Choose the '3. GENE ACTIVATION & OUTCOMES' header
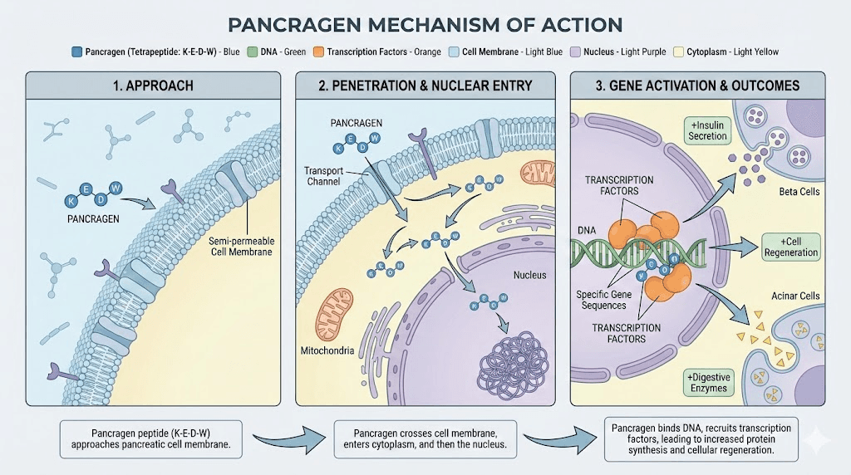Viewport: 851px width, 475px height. (x=696, y=86)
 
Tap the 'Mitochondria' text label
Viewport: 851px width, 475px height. (x=327, y=350)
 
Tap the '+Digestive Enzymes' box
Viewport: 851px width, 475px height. (x=707, y=382)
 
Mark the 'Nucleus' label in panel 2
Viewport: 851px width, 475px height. (x=529, y=275)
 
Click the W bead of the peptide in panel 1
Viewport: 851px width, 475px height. (x=116, y=188)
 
